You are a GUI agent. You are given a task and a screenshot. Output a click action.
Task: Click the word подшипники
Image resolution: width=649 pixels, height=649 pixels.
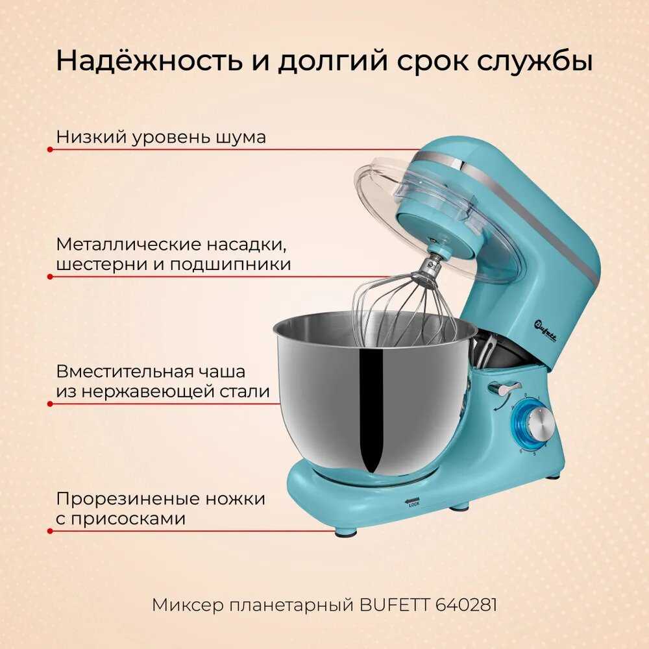tap(230, 265)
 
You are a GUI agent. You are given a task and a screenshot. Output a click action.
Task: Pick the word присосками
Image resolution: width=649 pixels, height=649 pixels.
tap(129, 519)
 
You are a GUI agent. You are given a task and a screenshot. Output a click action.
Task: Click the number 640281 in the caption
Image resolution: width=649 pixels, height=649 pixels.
tap(466, 605)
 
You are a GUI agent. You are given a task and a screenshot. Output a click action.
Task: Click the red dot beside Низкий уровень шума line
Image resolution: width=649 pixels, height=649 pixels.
tap(50, 149)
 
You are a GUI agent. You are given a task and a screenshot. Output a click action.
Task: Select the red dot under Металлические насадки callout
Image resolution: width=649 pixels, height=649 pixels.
tap(50, 276)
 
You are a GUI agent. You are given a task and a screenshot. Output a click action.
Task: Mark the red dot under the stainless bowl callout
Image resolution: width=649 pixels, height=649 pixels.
tap(50, 404)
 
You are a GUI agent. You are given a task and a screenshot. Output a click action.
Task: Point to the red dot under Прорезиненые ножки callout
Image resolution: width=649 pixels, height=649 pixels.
tap(50, 531)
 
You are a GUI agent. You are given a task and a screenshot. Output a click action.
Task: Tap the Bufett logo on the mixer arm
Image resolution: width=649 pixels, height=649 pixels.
tap(545, 331)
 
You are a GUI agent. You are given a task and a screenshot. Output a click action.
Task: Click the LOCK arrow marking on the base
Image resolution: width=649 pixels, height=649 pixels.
tap(413, 501)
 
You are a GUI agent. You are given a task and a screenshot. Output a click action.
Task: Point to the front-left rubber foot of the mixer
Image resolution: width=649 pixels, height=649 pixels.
tap(347, 532)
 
